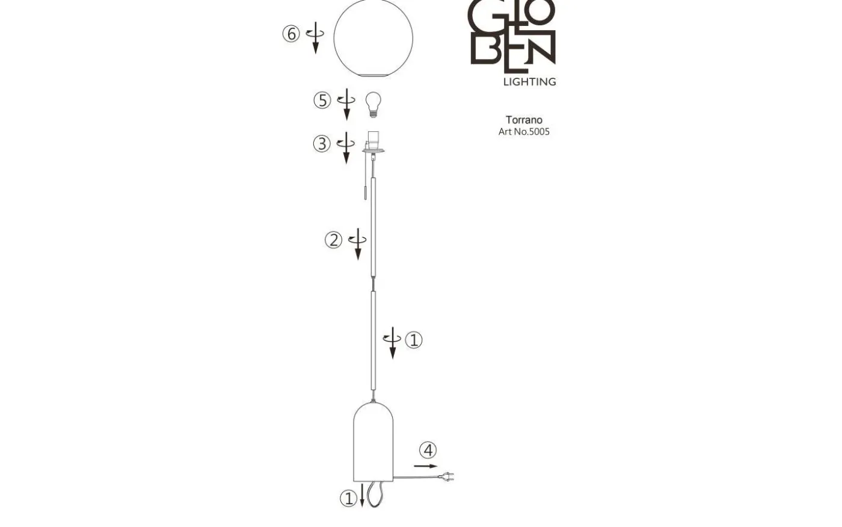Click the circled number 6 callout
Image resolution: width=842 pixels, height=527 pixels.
click(x=291, y=34)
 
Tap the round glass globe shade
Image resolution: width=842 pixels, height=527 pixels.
click(x=373, y=37)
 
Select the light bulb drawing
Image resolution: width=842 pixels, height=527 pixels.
click(x=373, y=104)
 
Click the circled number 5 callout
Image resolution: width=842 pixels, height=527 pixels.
click(x=322, y=100)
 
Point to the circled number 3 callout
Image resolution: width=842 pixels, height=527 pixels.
click(x=322, y=144)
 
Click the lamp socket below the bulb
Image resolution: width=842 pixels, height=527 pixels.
click(x=373, y=142)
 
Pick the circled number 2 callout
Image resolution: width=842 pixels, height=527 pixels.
click(x=333, y=240)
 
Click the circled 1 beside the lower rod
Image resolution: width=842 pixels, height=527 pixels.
click(x=414, y=340)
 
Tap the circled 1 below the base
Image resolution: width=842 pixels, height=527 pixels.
click(x=348, y=498)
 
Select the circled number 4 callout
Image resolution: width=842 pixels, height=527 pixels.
click(x=428, y=450)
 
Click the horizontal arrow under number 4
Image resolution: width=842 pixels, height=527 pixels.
click(x=426, y=466)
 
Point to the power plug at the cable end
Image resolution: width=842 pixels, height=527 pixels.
click(x=447, y=477)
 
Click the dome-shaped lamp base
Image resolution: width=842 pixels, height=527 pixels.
click(x=373, y=443)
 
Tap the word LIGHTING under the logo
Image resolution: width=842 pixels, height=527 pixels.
click(x=529, y=81)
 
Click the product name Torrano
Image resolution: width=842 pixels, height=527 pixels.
click(x=524, y=120)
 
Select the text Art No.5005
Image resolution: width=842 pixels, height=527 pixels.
click(x=524, y=131)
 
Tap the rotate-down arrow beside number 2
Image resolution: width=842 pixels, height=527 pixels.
click(x=358, y=243)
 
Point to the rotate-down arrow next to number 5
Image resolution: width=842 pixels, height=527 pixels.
click(x=346, y=104)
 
